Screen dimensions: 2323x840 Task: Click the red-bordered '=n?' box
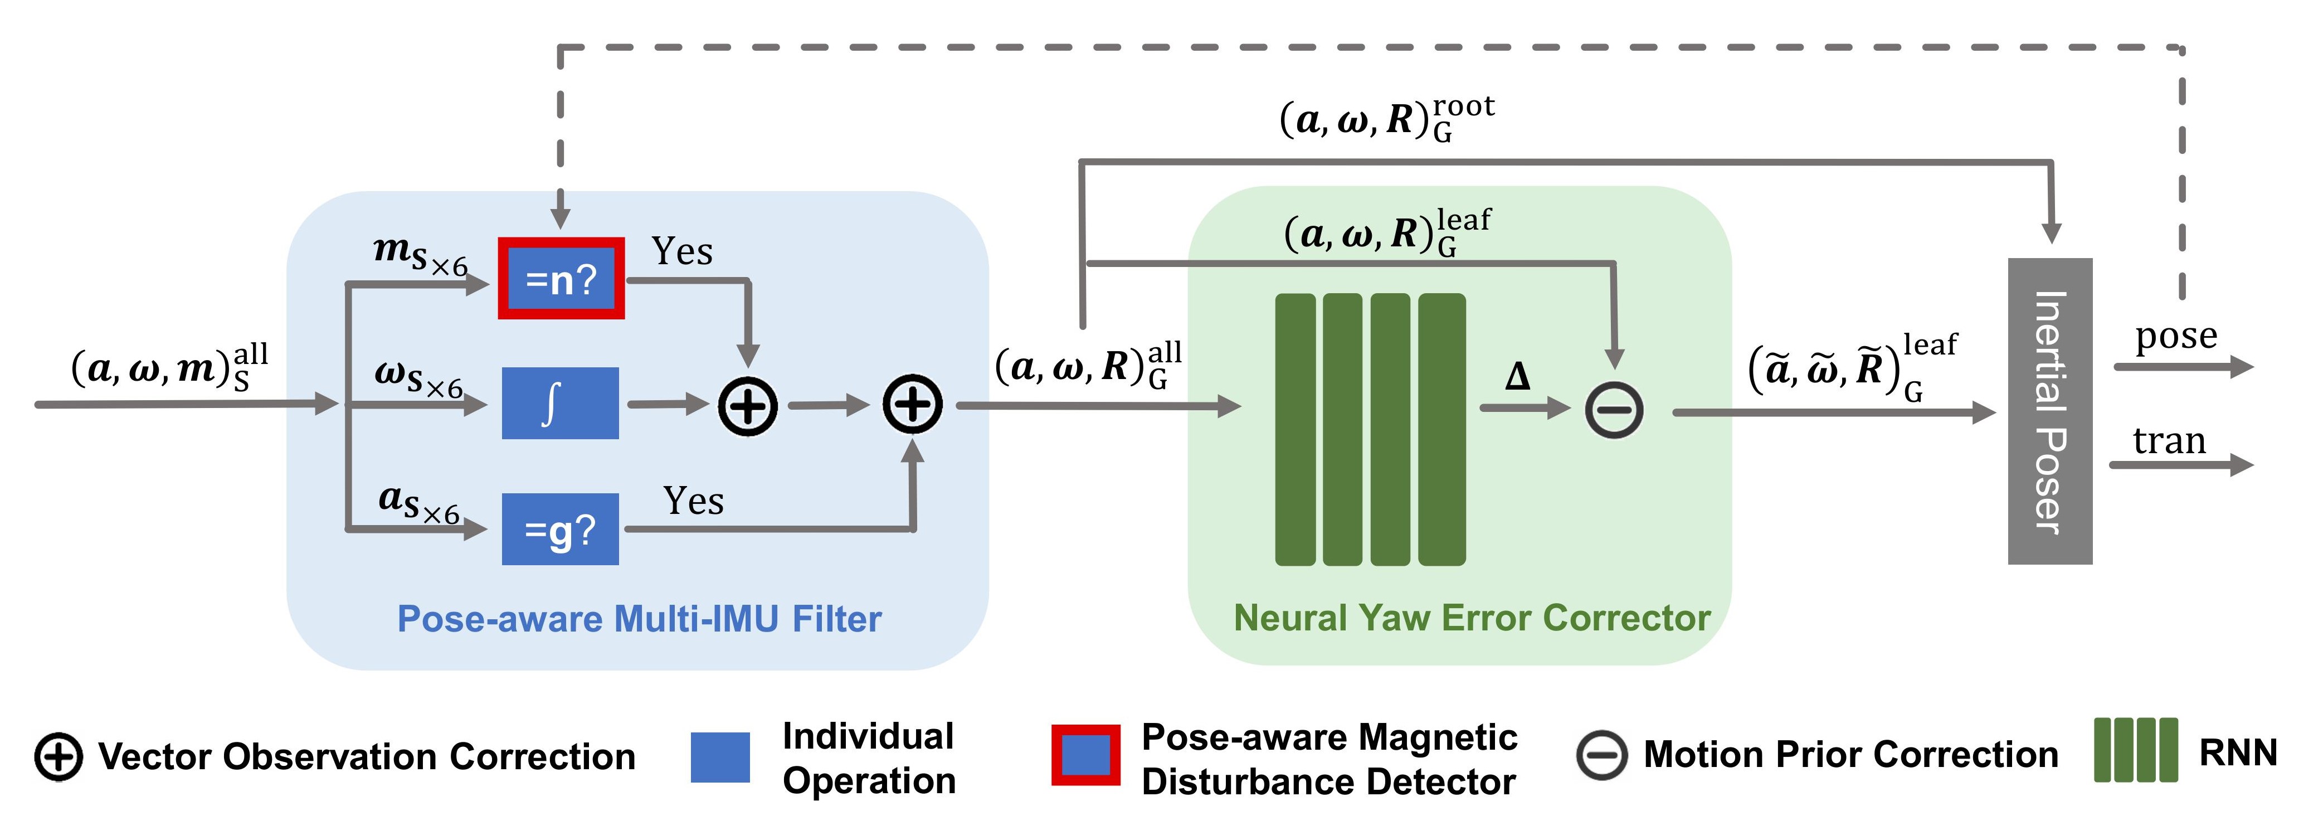561,278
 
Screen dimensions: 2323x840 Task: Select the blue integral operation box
560,404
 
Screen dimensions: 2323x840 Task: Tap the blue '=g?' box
560,529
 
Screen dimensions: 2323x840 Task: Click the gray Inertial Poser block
2050,411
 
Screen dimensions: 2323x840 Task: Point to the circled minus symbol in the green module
1614,411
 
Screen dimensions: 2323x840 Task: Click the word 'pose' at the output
2176,337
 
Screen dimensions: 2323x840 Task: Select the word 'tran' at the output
2169,440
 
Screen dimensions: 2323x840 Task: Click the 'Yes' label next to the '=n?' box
682,251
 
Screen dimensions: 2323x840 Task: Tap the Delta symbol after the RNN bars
1518,376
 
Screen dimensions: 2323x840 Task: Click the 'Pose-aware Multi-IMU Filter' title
639,619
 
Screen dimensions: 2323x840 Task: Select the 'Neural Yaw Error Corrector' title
1472,618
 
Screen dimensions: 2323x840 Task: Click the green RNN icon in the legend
2135,750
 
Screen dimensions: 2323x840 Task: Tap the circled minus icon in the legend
1601,755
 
